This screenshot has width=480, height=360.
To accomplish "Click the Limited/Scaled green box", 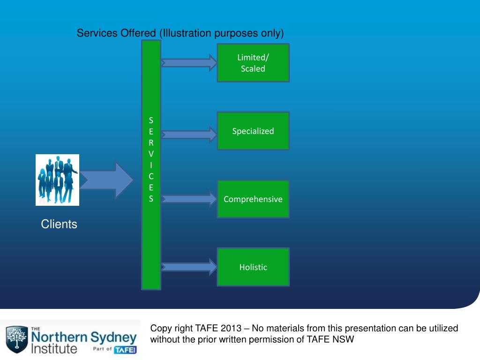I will (x=253, y=63).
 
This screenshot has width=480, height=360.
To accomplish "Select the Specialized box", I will (x=253, y=131).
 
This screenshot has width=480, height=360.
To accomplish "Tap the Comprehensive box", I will (x=253, y=199).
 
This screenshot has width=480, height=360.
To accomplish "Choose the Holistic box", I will (x=253, y=267).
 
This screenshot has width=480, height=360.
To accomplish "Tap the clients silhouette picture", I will (x=57, y=180).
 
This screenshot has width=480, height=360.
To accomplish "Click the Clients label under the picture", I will (x=59, y=224).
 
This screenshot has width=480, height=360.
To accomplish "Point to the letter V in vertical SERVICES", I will (x=151, y=153).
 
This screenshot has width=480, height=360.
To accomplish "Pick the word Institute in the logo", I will (x=53, y=349).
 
